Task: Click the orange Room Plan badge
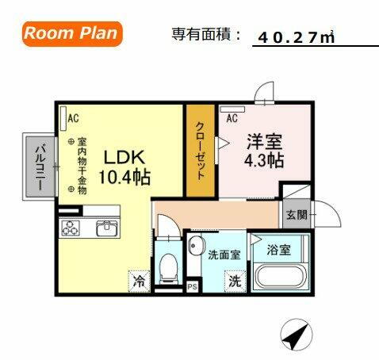click(71, 33)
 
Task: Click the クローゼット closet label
click(201, 151)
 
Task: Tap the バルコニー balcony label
click(36, 167)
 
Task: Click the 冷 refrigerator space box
click(139, 280)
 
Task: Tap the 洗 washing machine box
click(235, 280)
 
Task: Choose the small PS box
click(192, 286)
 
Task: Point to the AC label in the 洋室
click(232, 118)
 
